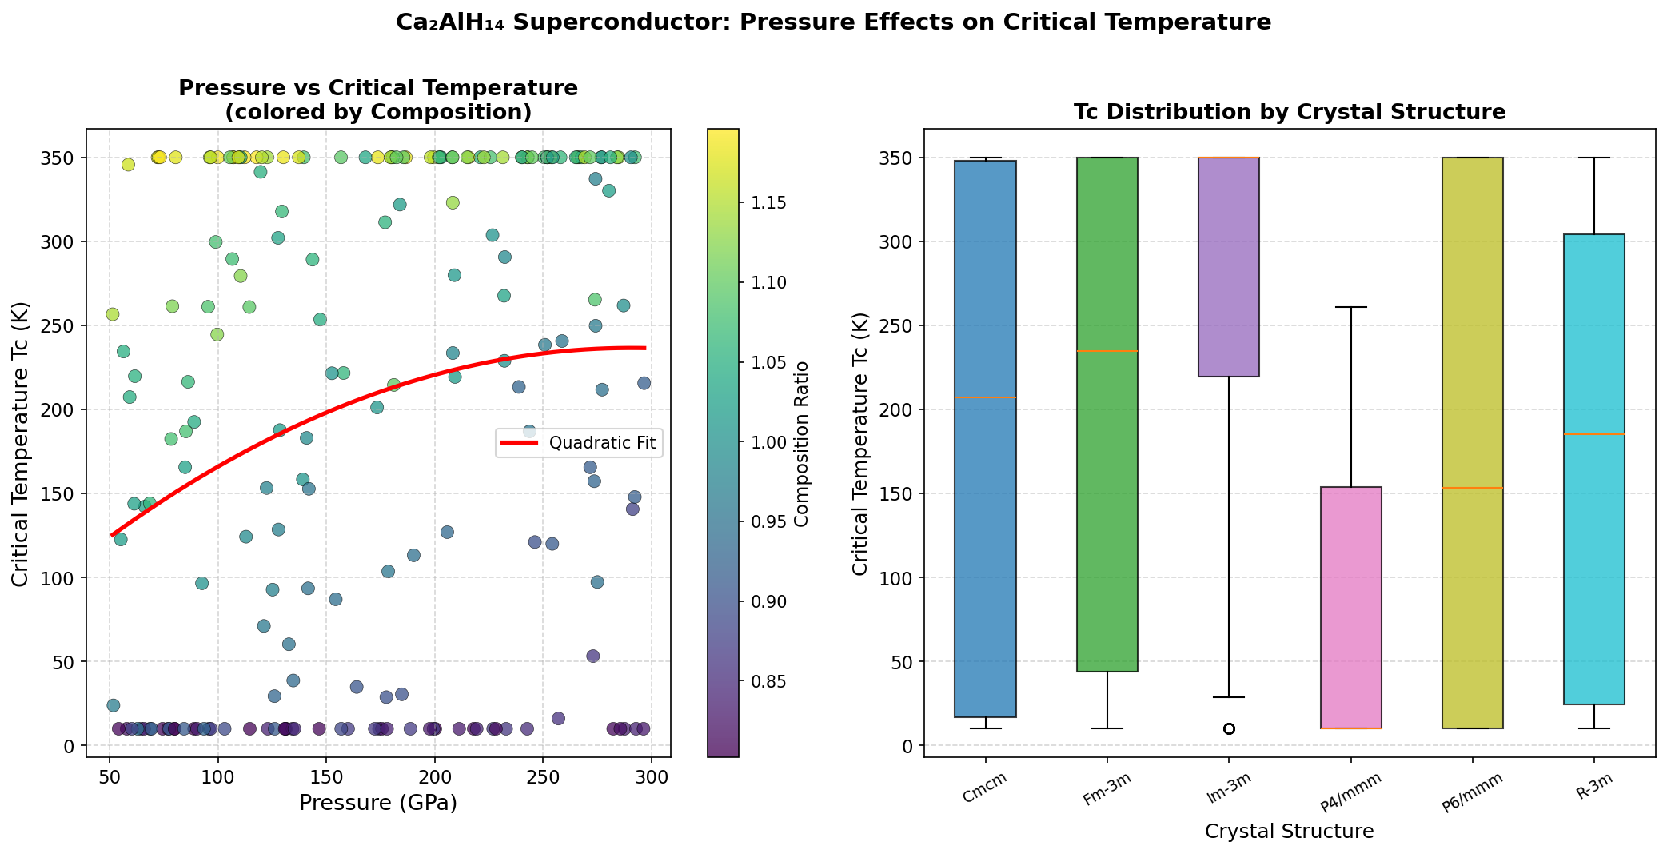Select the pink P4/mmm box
(1350, 608)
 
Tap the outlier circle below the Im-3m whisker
(1229, 728)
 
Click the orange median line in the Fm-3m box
(1107, 351)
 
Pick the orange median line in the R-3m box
(1594, 434)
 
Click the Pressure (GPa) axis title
(378, 803)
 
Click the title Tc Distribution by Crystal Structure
(1290, 112)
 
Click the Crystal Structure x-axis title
(1289, 832)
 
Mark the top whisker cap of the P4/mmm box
(1350, 307)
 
